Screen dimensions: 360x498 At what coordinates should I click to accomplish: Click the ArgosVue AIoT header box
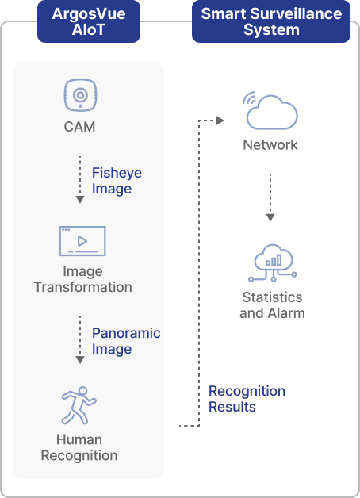pos(89,21)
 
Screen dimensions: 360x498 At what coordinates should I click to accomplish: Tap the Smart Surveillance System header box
pos(271,21)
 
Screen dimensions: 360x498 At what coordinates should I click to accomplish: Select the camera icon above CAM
pos(80,95)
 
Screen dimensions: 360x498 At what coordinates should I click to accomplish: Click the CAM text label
pos(79,127)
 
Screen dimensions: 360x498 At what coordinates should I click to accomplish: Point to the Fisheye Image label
pos(117,181)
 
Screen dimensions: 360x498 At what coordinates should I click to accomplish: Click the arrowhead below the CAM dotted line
pos(80,200)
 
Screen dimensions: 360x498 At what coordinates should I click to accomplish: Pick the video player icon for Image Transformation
pos(82,241)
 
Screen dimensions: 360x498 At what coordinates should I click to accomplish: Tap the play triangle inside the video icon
pos(82,241)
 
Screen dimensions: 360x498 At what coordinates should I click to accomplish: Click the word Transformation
pos(82,287)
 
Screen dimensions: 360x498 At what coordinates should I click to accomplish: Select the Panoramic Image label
pos(126,341)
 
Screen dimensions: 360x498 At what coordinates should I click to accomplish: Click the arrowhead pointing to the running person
pos(80,360)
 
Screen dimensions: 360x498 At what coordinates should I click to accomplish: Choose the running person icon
pos(79,405)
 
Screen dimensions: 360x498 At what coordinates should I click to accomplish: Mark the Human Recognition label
pos(79,447)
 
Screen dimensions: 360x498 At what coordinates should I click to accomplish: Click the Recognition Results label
pos(247,399)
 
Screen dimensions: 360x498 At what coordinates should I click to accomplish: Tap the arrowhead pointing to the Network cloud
pos(220,121)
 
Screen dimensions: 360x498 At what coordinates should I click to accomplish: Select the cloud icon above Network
pos(272,112)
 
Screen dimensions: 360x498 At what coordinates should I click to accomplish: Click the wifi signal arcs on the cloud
pos(250,98)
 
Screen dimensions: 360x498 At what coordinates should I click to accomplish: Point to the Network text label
pos(270,145)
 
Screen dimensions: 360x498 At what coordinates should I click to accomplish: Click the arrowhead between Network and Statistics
pos(270,217)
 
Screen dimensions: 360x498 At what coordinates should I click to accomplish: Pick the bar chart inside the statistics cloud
pos(274,260)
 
